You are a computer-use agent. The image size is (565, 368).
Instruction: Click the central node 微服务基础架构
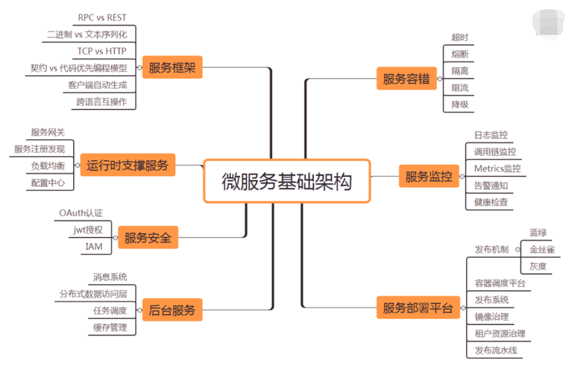click(x=287, y=181)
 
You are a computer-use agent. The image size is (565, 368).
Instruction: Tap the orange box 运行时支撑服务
click(x=127, y=165)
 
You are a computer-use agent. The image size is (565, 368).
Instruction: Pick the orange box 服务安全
click(x=147, y=238)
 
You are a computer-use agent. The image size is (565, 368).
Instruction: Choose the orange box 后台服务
click(x=172, y=309)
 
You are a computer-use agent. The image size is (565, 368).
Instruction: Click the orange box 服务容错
click(x=406, y=79)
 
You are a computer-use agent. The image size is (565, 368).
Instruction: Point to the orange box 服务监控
click(x=429, y=176)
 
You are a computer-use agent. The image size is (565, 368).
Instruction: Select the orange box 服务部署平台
click(x=418, y=308)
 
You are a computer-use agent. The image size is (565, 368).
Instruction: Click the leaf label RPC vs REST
click(x=102, y=17)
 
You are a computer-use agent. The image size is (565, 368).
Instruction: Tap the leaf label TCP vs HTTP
click(x=102, y=51)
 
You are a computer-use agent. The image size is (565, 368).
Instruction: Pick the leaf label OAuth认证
click(x=81, y=213)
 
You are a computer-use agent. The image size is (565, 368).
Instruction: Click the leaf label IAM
click(x=93, y=246)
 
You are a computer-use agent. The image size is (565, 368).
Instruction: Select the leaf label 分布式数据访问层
click(x=93, y=294)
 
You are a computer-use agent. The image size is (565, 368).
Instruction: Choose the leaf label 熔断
click(x=459, y=54)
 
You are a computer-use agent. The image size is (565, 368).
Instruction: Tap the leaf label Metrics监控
click(x=497, y=169)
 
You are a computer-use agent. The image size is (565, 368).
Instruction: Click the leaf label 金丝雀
click(x=542, y=249)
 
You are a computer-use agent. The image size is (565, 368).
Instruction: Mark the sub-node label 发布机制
click(x=491, y=249)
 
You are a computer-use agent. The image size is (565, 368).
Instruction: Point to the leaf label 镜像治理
click(x=491, y=317)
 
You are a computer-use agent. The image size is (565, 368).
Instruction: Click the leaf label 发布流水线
click(x=495, y=351)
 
